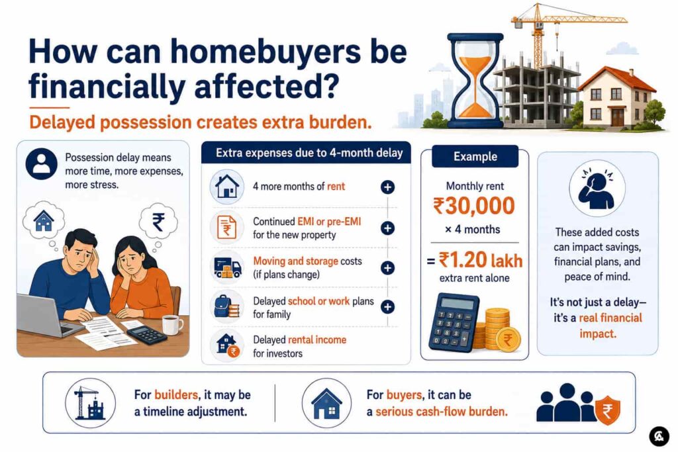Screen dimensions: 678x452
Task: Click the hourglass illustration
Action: [x=475, y=81]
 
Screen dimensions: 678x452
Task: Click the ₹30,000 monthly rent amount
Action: [x=474, y=206]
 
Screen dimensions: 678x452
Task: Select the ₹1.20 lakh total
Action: [x=481, y=260]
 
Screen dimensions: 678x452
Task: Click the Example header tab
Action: [x=475, y=156]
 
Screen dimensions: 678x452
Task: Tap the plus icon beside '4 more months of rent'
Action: [x=387, y=187]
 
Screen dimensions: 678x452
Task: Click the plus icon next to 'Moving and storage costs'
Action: [x=387, y=268]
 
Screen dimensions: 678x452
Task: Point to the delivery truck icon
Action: [x=228, y=268]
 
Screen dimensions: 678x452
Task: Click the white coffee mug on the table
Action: [x=171, y=324]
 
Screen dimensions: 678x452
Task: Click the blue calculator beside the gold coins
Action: [x=454, y=322]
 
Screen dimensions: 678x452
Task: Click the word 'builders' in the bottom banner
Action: [x=176, y=394]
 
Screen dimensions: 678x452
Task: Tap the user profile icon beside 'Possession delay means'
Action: [x=42, y=164]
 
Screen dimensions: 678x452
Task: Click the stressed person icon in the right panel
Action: [x=597, y=188]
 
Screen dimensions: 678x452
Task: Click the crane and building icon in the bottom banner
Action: [x=90, y=403]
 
